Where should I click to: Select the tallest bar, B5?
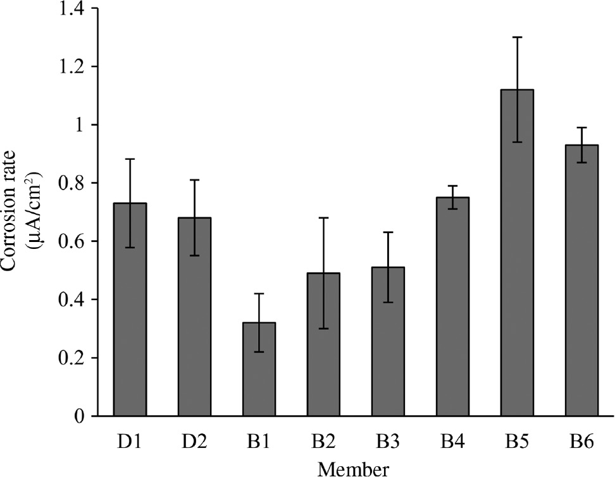[x=517, y=253]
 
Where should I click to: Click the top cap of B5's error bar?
[x=517, y=37]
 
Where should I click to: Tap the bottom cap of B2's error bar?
[x=323, y=329]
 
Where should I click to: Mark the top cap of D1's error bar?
[x=130, y=159]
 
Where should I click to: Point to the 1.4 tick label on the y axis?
[x=71, y=9]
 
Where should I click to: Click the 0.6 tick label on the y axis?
[x=71, y=241]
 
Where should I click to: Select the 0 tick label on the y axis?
[x=78, y=416]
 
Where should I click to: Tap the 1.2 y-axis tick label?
[x=71, y=67]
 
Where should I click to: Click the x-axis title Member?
[x=354, y=469]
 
